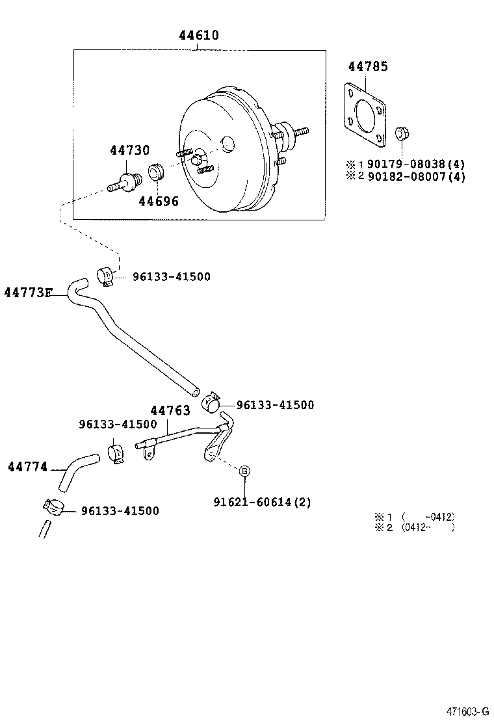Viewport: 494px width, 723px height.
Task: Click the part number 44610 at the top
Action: (199, 35)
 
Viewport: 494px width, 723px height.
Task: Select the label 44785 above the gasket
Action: (367, 66)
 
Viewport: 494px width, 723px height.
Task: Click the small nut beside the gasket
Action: (401, 133)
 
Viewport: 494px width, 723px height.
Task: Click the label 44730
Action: (129, 150)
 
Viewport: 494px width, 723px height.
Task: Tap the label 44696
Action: (158, 202)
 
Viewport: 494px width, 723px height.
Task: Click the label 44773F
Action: (27, 293)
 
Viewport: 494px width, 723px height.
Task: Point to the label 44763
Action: (170, 410)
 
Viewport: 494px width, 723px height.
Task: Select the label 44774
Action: (27, 467)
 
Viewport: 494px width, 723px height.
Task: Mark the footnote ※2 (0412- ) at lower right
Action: (414, 527)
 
